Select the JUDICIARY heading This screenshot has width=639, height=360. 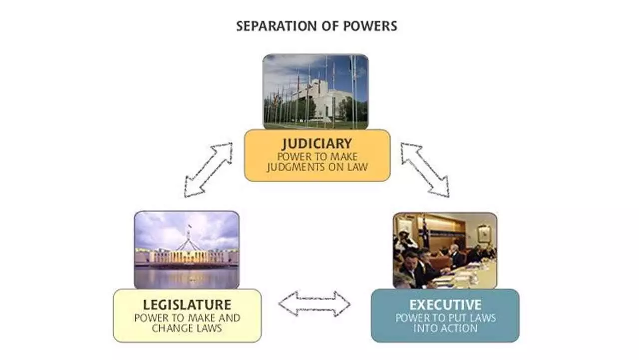[x=317, y=144]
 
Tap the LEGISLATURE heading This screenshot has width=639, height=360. [x=187, y=304]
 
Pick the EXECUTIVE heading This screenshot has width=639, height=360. [x=445, y=304]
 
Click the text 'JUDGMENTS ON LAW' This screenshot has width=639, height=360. [x=317, y=167]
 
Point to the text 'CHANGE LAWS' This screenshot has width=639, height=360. [x=187, y=328]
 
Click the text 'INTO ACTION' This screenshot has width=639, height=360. [x=445, y=328]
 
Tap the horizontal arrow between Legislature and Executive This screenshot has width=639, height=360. [x=314, y=303]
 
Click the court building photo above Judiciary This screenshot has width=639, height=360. [x=316, y=91]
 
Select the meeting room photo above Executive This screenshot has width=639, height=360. [x=445, y=250]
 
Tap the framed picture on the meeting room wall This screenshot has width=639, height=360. [x=483, y=233]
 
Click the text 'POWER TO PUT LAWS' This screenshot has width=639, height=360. [x=445, y=317]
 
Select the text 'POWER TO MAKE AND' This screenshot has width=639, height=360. [x=187, y=317]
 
